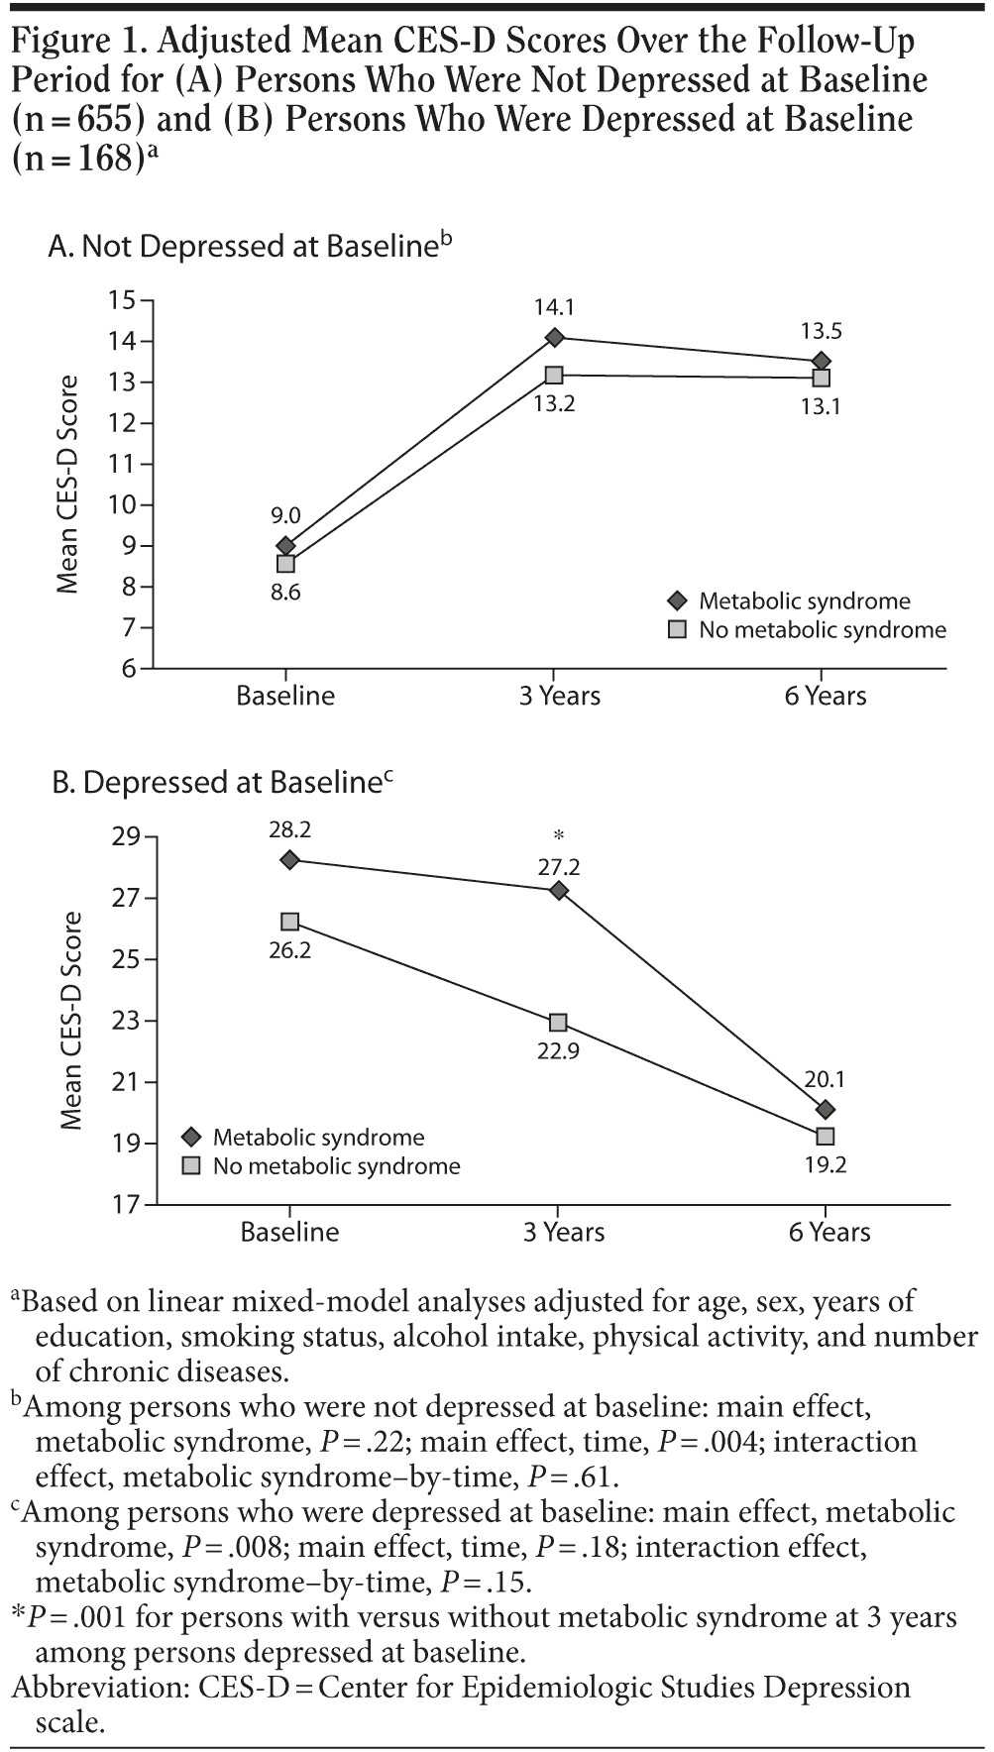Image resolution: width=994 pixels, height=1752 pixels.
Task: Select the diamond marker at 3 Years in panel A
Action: (x=554, y=338)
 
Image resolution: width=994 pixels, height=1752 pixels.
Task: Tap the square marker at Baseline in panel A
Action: (x=285, y=564)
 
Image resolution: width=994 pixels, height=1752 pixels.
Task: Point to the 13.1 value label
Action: (x=821, y=405)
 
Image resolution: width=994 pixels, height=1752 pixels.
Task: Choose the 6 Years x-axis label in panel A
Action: (x=825, y=696)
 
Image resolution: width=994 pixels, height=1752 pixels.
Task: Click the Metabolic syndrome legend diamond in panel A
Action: (x=678, y=602)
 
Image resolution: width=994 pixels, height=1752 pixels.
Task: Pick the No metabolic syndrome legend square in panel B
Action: (x=192, y=1165)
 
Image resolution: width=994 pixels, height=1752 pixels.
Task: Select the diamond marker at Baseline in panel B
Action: (x=289, y=860)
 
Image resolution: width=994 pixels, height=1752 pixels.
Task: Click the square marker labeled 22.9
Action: (x=558, y=1023)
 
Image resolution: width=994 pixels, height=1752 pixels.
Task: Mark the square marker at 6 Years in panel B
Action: (x=825, y=1137)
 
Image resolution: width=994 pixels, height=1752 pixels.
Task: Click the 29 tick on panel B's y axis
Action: (x=126, y=838)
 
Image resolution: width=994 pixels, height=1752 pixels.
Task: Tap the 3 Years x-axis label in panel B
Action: (x=563, y=1232)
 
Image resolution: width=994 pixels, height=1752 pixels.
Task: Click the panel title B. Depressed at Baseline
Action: (x=222, y=783)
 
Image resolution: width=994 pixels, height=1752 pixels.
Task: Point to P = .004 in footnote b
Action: (x=705, y=1442)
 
